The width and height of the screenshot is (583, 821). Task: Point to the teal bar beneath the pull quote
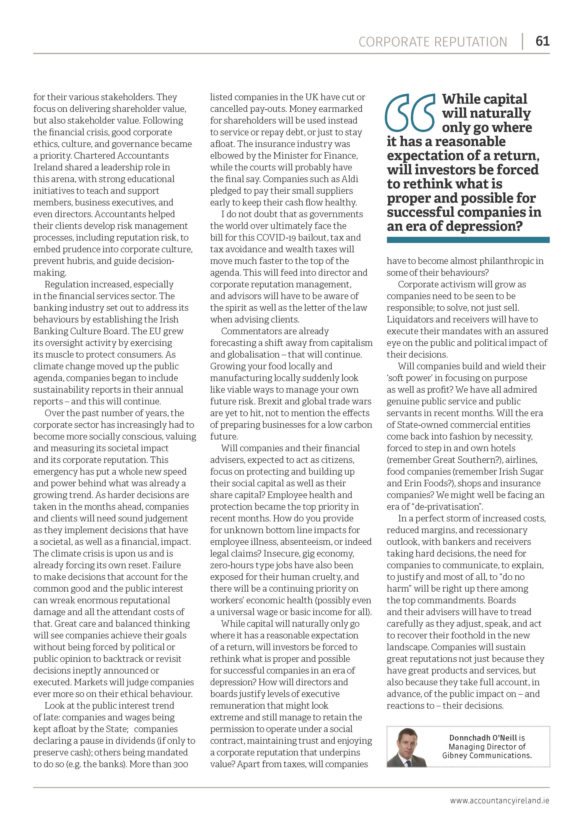click(x=468, y=240)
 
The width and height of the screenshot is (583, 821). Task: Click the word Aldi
click(x=350, y=179)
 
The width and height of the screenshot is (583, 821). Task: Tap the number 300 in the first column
click(x=179, y=764)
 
